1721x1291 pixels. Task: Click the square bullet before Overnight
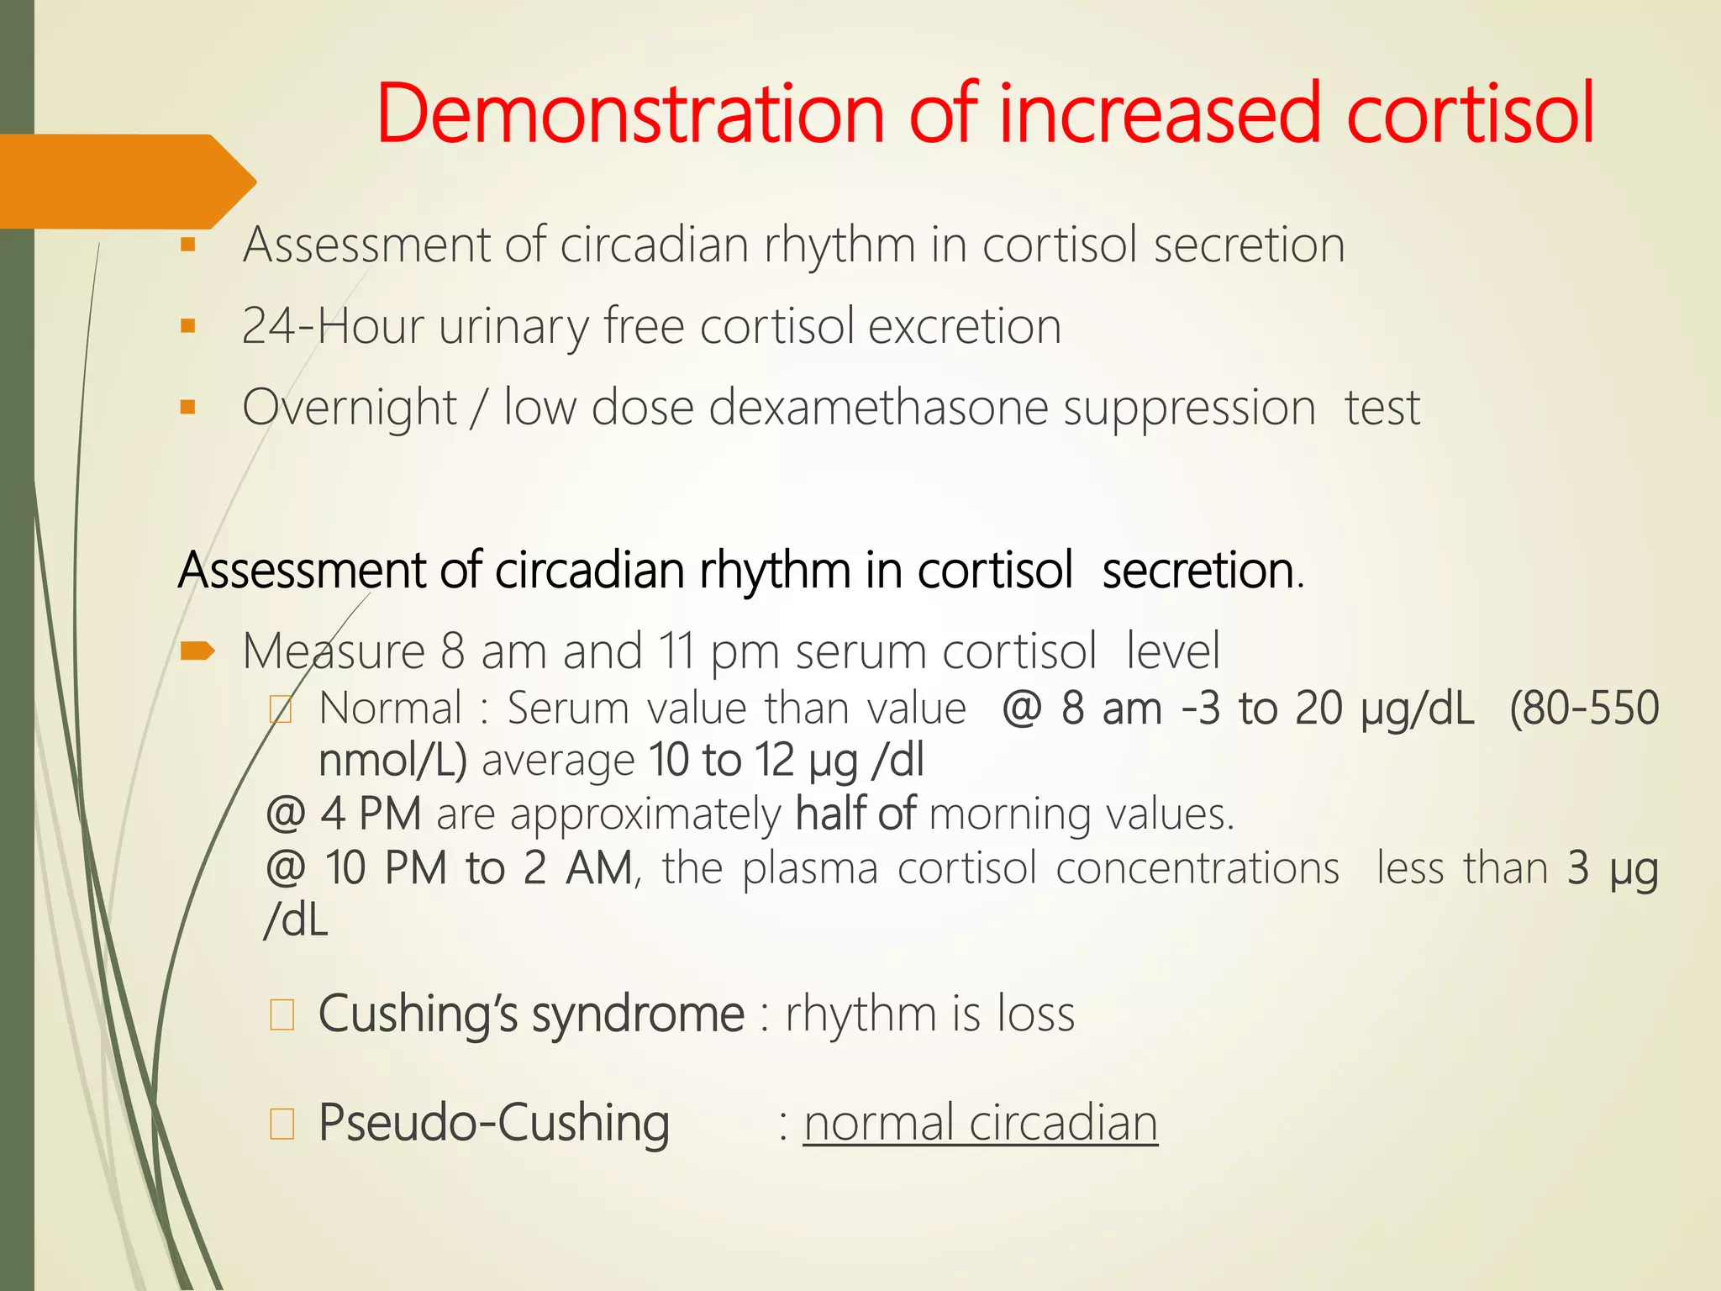coord(187,408)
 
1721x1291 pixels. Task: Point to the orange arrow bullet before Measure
coord(197,650)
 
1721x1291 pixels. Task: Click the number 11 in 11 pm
coord(676,651)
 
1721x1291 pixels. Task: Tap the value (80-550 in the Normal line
coord(1583,709)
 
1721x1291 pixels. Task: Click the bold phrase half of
coord(855,814)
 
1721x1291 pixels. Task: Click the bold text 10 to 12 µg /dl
coord(786,760)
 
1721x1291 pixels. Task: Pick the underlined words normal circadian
coord(980,1123)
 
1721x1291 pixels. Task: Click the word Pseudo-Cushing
coord(494,1123)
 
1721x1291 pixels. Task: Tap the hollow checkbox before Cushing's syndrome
coord(282,1015)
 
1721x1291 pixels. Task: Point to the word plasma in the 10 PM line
coord(810,868)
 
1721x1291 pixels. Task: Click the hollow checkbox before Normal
coord(281,710)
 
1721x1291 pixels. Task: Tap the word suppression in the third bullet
coord(1188,408)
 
